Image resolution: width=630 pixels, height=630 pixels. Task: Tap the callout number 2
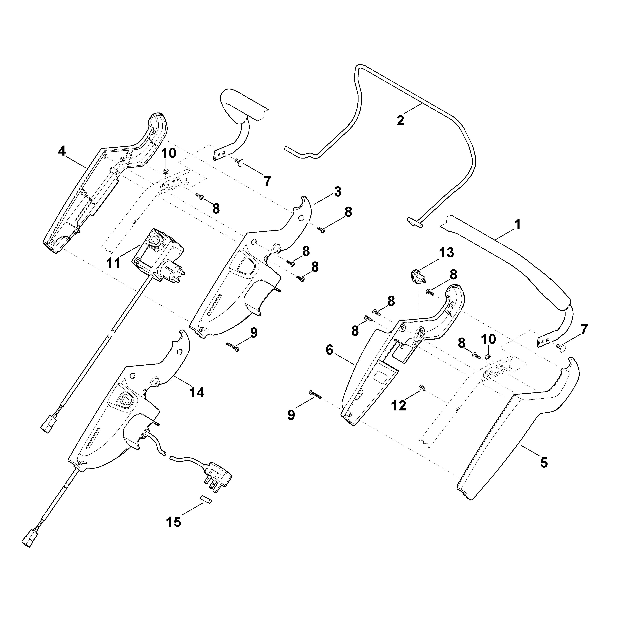(x=400, y=120)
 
